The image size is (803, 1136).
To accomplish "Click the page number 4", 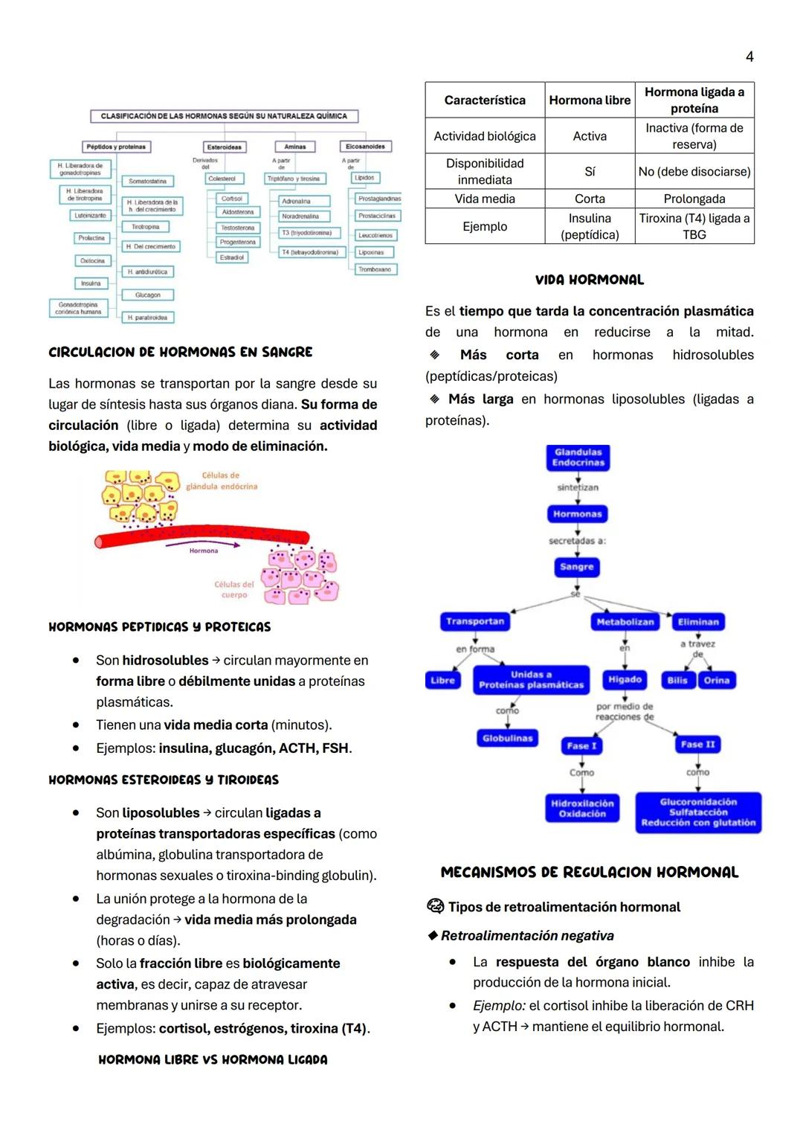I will pos(749,57).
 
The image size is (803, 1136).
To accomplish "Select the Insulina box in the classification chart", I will pos(90,283).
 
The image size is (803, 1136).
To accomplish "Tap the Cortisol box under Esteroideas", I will pos(232,199).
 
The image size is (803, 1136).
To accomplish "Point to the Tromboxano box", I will pos(374,269).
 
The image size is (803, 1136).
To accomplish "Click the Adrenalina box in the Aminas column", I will pos(296,201).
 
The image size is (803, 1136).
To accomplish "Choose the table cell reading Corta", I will pos(590,199).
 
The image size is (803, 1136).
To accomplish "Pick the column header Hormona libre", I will pos(590,100).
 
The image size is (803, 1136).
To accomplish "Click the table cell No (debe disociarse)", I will pos(694,172).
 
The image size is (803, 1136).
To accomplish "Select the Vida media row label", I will pos(485,199).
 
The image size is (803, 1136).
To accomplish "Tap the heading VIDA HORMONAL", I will pos(590,280).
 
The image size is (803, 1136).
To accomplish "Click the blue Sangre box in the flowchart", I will pos(577,567).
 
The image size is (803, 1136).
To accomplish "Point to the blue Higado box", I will pos(625,679).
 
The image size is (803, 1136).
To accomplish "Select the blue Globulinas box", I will pos(508,738).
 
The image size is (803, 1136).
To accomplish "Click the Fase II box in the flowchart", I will pos(697,744).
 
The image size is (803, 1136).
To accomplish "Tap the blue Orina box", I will pos(717,680).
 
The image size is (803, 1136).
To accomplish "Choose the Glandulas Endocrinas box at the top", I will pos(578,458).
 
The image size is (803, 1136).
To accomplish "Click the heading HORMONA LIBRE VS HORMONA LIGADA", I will pos(213,1059).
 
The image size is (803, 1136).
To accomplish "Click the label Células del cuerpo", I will pos(234,589).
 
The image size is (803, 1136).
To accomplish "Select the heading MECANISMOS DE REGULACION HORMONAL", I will pos(590,873).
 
